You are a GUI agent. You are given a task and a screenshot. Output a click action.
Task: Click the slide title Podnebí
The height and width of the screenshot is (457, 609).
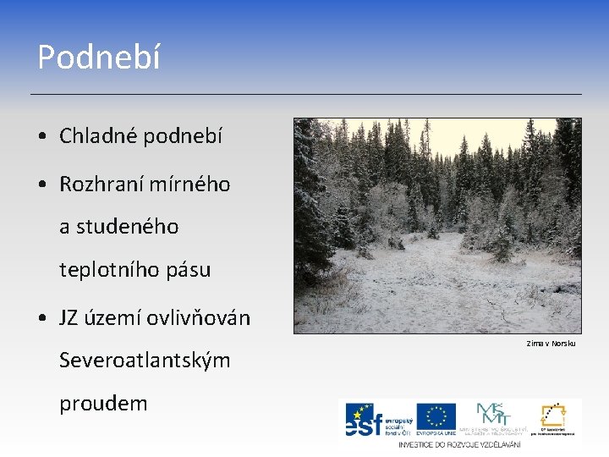pyautogui.click(x=98, y=58)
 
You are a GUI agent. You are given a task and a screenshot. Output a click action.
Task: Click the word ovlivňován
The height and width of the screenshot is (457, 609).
pyautogui.click(x=199, y=317)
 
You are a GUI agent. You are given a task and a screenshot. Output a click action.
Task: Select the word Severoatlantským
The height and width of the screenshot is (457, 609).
pyautogui.click(x=145, y=361)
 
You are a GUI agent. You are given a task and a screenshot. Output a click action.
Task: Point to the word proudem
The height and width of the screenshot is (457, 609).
pyautogui.click(x=103, y=404)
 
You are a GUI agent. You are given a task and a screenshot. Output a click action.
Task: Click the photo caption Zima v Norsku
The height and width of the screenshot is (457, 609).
pyautogui.click(x=551, y=344)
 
